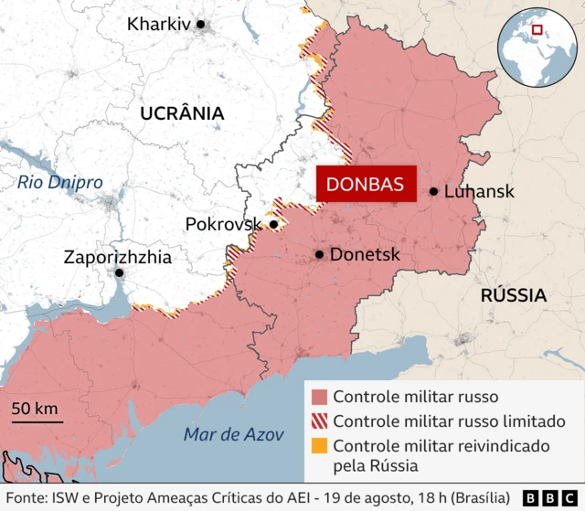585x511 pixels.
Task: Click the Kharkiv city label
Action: tap(159, 25)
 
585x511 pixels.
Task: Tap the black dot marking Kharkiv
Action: tap(201, 25)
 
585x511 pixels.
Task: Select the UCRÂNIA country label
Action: tap(182, 113)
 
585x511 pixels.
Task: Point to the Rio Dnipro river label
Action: tap(59, 182)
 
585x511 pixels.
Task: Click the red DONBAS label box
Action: tap(366, 184)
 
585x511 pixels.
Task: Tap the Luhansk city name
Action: tap(479, 192)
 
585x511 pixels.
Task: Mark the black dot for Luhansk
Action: tap(434, 192)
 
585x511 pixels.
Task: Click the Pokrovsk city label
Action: tap(224, 224)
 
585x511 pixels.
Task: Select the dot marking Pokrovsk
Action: tap(273, 224)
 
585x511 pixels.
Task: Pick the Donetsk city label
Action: tap(364, 255)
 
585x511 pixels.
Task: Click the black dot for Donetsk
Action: tap(319, 255)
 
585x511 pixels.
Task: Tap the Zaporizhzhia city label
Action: tap(117, 257)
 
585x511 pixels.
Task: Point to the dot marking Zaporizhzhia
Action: tap(119, 272)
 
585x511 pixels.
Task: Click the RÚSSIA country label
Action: tap(513, 295)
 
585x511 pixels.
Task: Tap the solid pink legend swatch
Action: tap(319, 398)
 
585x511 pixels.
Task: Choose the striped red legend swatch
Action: tap(319, 421)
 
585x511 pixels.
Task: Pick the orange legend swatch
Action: tap(319, 446)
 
